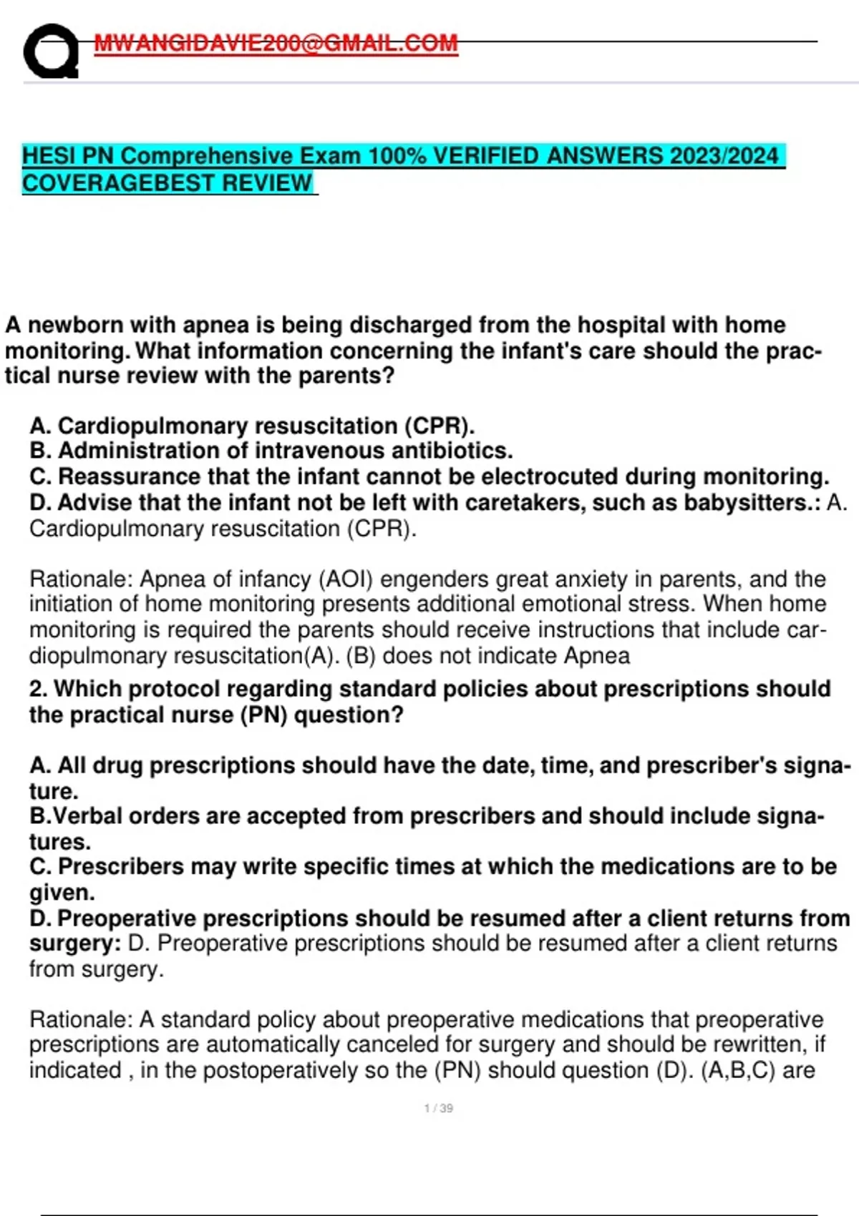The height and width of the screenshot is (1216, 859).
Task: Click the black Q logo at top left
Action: [x=50, y=52]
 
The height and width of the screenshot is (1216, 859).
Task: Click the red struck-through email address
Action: [x=276, y=44]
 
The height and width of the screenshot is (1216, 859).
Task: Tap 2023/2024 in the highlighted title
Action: [x=724, y=156]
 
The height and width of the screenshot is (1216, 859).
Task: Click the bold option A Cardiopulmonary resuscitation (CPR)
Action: [x=252, y=426]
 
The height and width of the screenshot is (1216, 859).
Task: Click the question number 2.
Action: [x=38, y=689]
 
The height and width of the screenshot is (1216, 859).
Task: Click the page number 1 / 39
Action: [x=438, y=1109]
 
